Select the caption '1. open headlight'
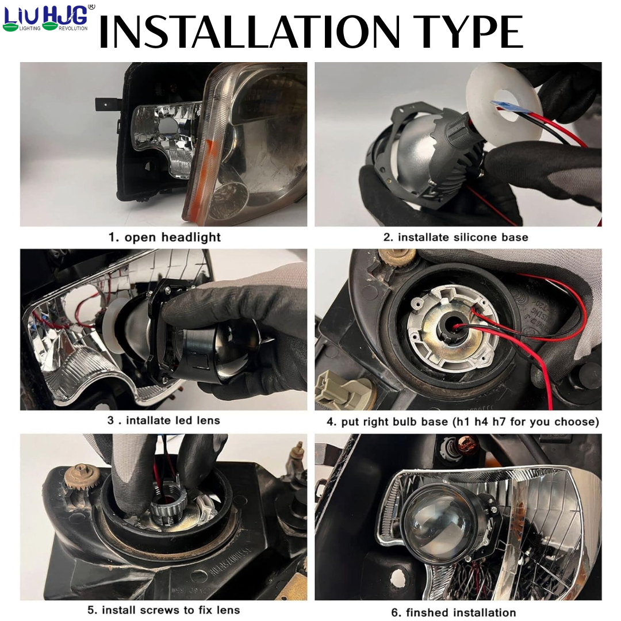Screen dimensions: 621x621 [x=164, y=237]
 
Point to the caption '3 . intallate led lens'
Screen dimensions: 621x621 [x=164, y=420]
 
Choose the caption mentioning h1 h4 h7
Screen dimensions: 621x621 [x=463, y=421]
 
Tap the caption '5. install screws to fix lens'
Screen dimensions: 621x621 [x=164, y=609]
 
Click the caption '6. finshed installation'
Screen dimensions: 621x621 [x=454, y=612]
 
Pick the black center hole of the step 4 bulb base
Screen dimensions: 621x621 [x=448, y=328]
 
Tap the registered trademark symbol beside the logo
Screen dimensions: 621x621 [x=91, y=7]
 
